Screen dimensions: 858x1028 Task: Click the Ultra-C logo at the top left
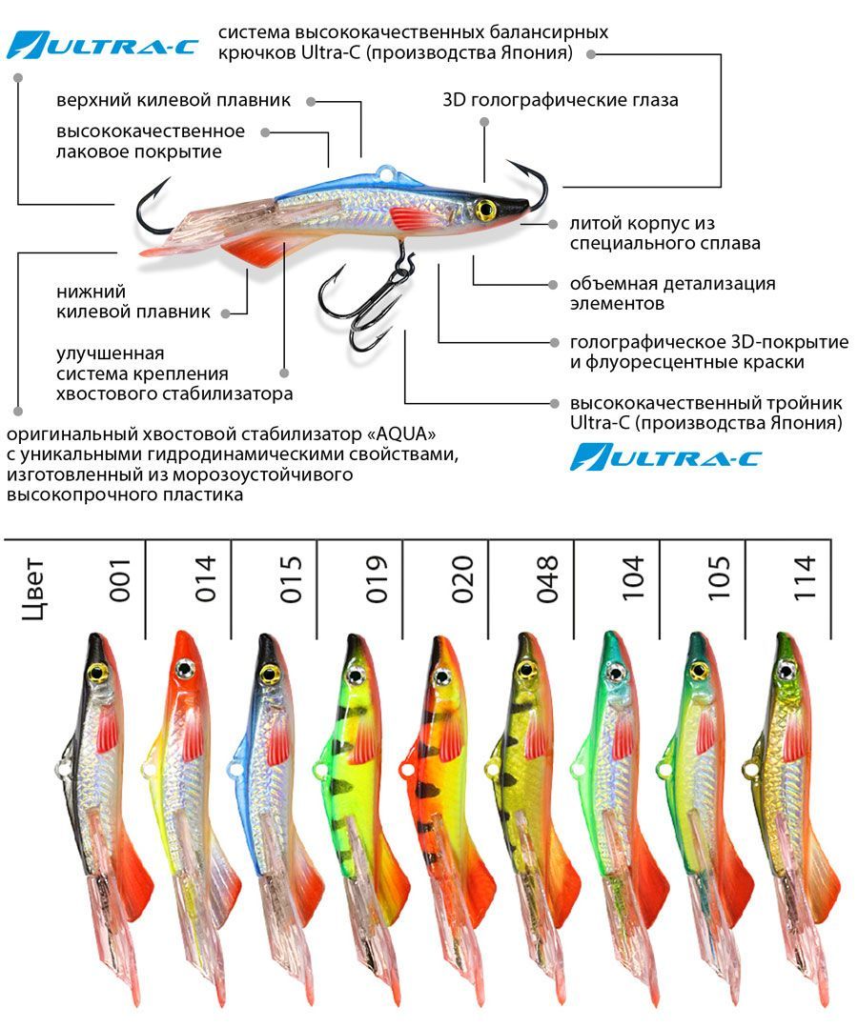click(x=102, y=45)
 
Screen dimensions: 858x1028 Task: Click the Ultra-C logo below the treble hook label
click(x=665, y=457)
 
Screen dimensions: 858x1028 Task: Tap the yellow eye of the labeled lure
click(x=484, y=210)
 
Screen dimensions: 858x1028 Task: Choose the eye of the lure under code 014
click(x=184, y=669)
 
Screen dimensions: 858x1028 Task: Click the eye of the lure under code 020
click(x=439, y=675)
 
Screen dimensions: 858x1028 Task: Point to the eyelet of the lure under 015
click(x=235, y=766)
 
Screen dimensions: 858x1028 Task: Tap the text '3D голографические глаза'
click(x=561, y=100)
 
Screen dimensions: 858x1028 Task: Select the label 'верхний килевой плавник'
click(x=174, y=100)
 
